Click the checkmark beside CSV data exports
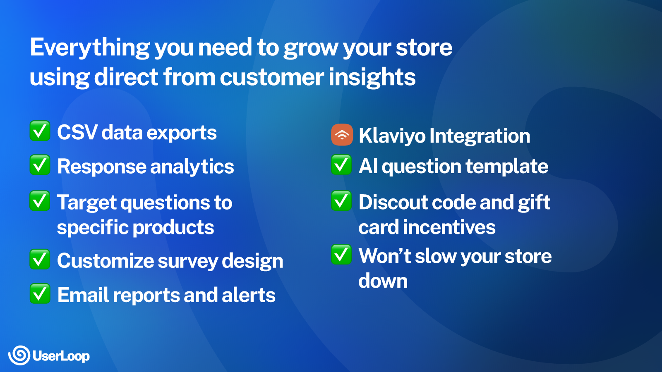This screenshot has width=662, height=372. coord(40,131)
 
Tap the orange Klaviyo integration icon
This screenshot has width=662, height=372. coord(342,135)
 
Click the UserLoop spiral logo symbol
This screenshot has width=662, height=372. coord(19,355)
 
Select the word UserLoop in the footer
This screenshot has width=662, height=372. coord(61,356)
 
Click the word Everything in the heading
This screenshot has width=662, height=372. coord(89,48)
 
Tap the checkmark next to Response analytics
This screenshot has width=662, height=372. coord(40,165)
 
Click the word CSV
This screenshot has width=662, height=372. coord(77,133)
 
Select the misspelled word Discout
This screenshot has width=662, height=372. coord(389,203)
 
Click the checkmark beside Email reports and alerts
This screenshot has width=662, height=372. coord(40,293)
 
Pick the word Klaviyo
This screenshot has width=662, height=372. coord(391,136)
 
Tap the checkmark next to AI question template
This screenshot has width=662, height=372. coord(341,165)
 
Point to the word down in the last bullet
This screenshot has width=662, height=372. coord(383,281)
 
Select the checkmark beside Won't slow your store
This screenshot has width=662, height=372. coord(341,255)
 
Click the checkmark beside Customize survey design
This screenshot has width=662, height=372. coord(40,260)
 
